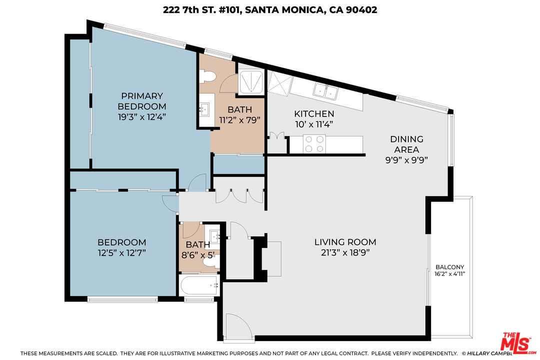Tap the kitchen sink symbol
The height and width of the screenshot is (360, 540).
(325, 91)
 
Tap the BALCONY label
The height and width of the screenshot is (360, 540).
(449, 267)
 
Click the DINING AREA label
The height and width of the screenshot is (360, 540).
(406, 144)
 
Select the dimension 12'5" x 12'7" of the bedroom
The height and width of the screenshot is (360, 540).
(121, 253)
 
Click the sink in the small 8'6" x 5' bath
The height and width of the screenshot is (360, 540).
(214, 236)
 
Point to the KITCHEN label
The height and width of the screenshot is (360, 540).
(313, 113)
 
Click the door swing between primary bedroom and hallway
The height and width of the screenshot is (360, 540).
(198, 182)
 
